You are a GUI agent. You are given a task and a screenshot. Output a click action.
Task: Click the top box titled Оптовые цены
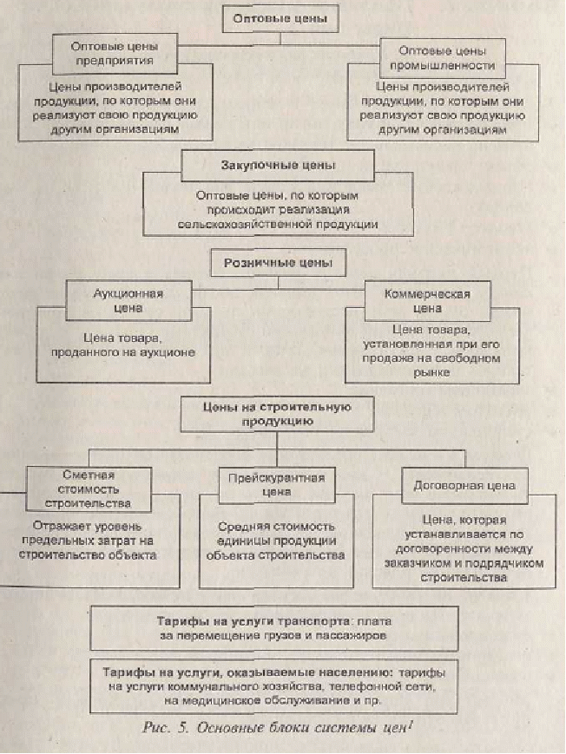pyautogui.click(x=280, y=19)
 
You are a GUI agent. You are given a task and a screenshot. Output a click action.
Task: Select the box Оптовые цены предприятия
pyautogui.click(x=115, y=54)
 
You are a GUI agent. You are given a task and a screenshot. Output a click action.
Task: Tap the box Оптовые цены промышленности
pyautogui.click(x=443, y=58)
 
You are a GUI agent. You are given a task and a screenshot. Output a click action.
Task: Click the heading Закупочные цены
pyautogui.click(x=278, y=166)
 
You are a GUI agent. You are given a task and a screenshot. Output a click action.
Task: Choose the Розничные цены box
pyautogui.click(x=278, y=263)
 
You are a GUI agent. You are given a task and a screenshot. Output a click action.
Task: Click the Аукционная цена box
pyautogui.click(x=128, y=300)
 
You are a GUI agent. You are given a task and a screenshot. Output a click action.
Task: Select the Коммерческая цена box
pyautogui.click(x=427, y=301)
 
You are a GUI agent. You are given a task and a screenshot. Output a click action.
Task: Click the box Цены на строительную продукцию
pyautogui.click(x=277, y=414)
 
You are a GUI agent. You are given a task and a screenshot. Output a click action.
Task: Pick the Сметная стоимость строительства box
pyautogui.click(x=89, y=489)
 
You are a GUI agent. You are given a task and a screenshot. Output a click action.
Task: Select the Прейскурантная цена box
pyautogui.click(x=277, y=485)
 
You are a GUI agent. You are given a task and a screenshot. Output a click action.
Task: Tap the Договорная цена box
pyautogui.click(x=464, y=486)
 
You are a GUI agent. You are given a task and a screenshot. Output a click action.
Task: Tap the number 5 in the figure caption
pyautogui.click(x=183, y=728)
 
